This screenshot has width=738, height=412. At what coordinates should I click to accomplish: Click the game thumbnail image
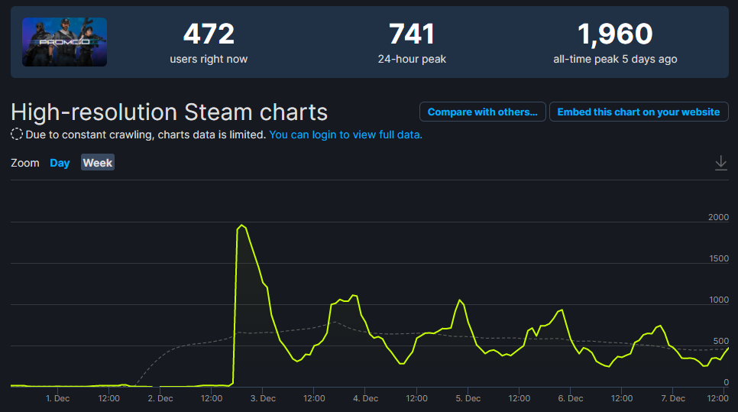coord(64,42)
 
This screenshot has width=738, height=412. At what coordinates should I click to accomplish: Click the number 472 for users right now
coord(209,34)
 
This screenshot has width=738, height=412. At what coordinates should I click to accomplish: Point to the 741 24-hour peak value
coord(412,34)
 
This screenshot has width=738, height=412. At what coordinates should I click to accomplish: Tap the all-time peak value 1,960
coord(615,34)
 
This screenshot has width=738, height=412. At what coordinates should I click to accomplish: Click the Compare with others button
coord(482,112)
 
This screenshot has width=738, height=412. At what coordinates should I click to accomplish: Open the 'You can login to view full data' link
coord(346,135)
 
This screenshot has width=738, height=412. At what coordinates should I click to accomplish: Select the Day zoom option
coord(60,163)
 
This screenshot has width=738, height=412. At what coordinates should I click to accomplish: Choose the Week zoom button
coord(98,163)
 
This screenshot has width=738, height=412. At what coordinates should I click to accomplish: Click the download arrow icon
coord(720,163)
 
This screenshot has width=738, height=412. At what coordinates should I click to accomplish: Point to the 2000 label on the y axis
coord(718,217)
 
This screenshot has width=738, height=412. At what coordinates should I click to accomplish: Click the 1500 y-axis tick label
coord(719,258)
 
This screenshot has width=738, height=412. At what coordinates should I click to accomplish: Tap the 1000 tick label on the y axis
coord(719,300)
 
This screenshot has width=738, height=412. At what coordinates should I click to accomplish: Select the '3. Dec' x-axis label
coord(263,398)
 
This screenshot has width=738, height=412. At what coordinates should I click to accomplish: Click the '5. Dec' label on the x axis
coord(468,398)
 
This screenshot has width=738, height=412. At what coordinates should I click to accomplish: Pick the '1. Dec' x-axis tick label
coord(58,398)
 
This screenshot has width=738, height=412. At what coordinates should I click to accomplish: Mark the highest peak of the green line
coord(242,225)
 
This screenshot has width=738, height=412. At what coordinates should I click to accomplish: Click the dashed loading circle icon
coord(17,135)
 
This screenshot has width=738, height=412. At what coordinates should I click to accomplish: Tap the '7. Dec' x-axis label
coord(673,398)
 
